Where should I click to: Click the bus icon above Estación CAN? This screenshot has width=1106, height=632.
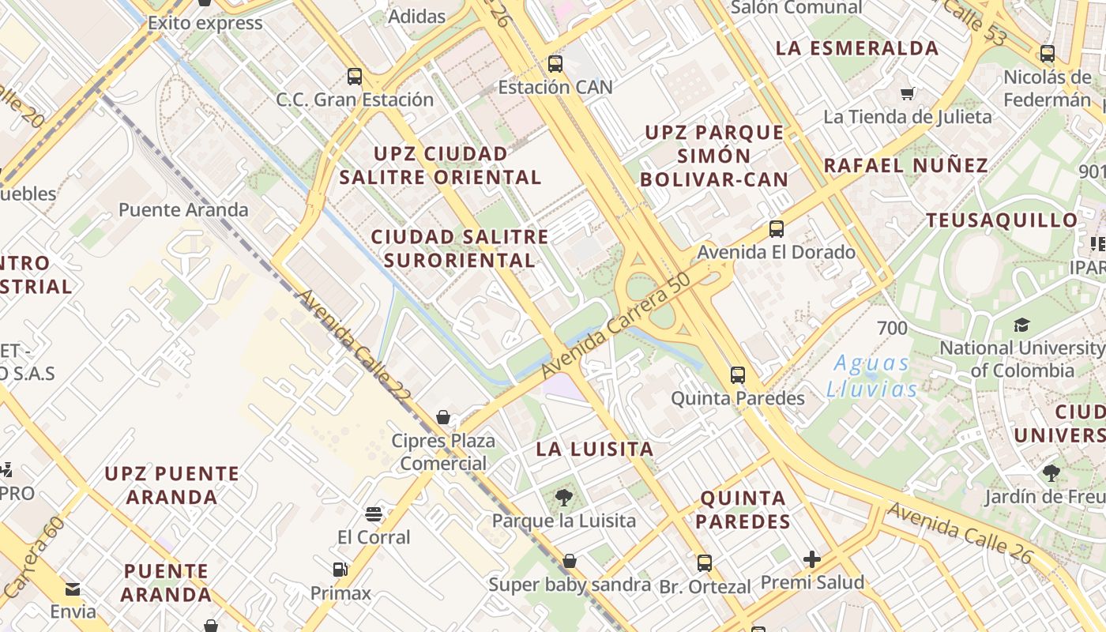coord(555,64)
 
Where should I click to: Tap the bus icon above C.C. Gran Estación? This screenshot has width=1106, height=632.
coord(355,77)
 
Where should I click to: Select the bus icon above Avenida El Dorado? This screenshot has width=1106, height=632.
coord(777,229)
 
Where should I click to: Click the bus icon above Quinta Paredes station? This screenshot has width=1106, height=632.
coord(738,374)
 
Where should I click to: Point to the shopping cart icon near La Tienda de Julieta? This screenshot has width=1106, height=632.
coord(908,94)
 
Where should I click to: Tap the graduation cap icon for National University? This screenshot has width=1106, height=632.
coord(1021,325)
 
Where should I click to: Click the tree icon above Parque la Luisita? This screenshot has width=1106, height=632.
coord(564,498)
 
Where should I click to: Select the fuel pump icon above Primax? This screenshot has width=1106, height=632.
coord(340,569)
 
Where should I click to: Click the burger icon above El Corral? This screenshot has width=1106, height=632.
coord(374,515)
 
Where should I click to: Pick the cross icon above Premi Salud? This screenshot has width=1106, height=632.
coord(812,560)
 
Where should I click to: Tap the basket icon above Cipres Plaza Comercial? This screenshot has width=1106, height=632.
coord(443,417)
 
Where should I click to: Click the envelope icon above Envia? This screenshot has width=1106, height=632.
coord(73,589)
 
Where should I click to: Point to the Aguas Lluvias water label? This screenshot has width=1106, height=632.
coord(872,376)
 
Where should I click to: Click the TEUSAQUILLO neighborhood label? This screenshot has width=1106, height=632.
coord(1002,220)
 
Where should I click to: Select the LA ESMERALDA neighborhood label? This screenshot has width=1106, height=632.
coord(857,48)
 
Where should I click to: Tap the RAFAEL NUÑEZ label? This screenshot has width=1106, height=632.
coord(906,166)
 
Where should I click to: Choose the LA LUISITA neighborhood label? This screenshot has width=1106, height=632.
coord(595,450)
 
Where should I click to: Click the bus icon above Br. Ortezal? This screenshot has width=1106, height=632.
coord(705,563)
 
